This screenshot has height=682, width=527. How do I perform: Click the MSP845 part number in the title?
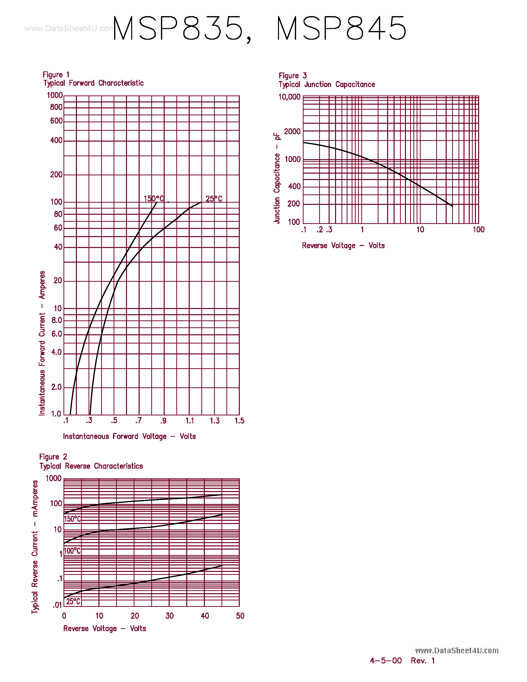point(341,29)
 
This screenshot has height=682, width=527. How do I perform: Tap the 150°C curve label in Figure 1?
point(154,199)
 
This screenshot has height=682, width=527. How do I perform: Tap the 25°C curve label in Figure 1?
point(214,199)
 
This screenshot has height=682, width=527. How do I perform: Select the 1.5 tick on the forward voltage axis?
point(240,421)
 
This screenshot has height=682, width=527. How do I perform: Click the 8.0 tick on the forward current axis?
point(57,320)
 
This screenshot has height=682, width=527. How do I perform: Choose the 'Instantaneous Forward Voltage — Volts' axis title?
point(129,436)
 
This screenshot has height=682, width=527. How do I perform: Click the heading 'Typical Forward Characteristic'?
point(93,83)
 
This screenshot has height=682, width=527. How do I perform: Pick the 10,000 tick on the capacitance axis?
point(289,97)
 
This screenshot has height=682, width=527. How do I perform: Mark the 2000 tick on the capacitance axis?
point(292,131)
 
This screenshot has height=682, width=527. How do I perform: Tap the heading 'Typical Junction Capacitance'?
point(327,85)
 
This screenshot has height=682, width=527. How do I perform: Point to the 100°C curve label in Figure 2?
point(72,551)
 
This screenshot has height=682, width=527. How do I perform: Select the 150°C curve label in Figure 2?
point(72,519)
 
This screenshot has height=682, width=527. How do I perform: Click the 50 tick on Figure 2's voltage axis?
point(240,616)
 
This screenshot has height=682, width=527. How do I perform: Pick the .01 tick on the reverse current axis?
point(58,605)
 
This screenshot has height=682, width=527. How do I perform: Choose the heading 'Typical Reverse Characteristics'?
point(91,466)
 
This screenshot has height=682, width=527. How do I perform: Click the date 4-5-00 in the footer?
point(386,660)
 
